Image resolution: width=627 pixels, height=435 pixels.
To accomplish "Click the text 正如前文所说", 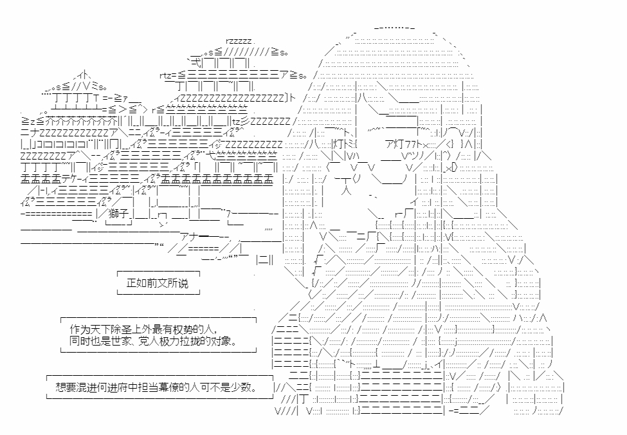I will (158, 282).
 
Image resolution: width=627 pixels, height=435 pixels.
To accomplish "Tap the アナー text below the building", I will (193, 235).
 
